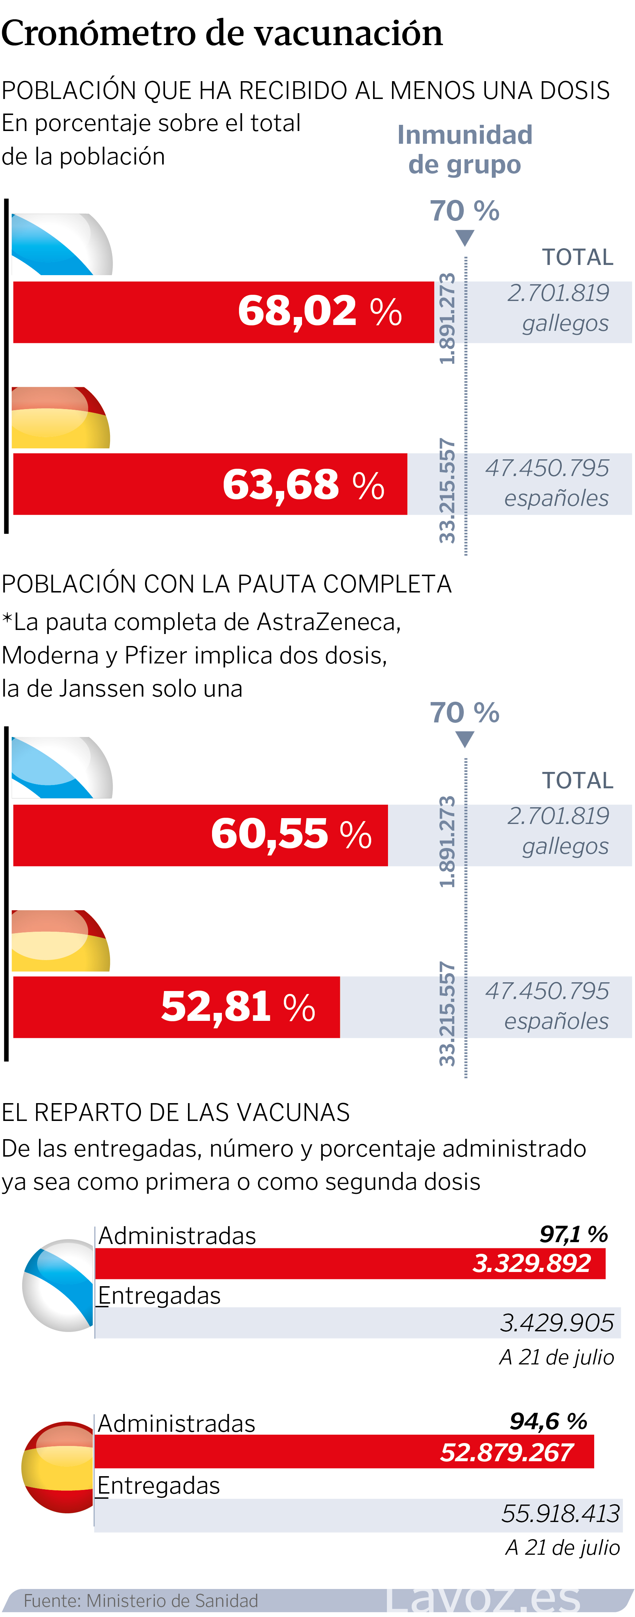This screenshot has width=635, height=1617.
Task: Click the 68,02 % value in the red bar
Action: pyautogui.click(x=320, y=311)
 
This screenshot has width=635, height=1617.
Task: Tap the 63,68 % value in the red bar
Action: pyautogui.click(x=303, y=485)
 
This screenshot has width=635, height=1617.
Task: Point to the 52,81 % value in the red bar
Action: pyautogui.click(x=238, y=1007)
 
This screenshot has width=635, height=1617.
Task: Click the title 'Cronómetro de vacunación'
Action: pyautogui.click(x=222, y=33)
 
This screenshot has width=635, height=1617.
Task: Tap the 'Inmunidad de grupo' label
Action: pyautogui.click(x=465, y=149)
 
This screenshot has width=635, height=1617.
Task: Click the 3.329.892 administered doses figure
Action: pyautogui.click(x=532, y=1263)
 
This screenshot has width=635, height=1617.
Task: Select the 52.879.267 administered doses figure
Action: pyautogui.click(x=506, y=1452)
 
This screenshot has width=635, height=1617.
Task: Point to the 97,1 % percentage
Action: pyautogui.click(x=573, y=1234)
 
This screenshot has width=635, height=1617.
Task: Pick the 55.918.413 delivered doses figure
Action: pyautogui.click(x=560, y=1513)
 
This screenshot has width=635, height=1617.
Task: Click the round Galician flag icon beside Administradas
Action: pyautogui.click(x=58, y=1285)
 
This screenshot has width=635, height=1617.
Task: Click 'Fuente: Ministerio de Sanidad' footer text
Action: pyautogui.click(x=141, y=1600)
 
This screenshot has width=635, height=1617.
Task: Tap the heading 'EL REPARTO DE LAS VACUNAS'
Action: pyautogui.click(x=176, y=1112)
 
